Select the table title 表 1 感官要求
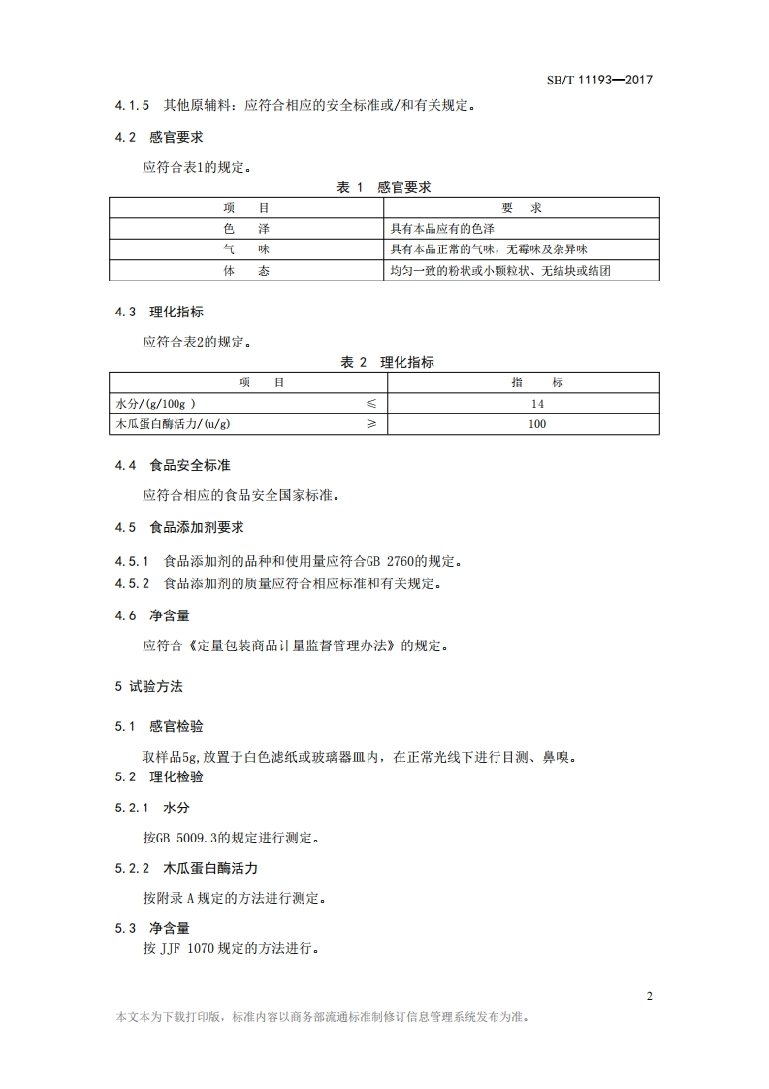click(x=384, y=187)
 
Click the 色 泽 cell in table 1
click(x=245, y=229)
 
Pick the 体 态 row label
click(x=245, y=271)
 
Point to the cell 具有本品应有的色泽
click(x=442, y=229)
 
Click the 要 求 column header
click(x=522, y=209)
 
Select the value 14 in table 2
click(x=537, y=403)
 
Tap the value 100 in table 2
click(x=537, y=424)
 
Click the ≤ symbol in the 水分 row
click(x=370, y=403)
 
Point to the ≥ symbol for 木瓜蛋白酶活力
click(x=370, y=424)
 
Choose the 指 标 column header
click(x=537, y=382)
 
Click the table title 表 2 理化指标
click(x=387, y=362)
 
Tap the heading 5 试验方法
click(x=148, y=686)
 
